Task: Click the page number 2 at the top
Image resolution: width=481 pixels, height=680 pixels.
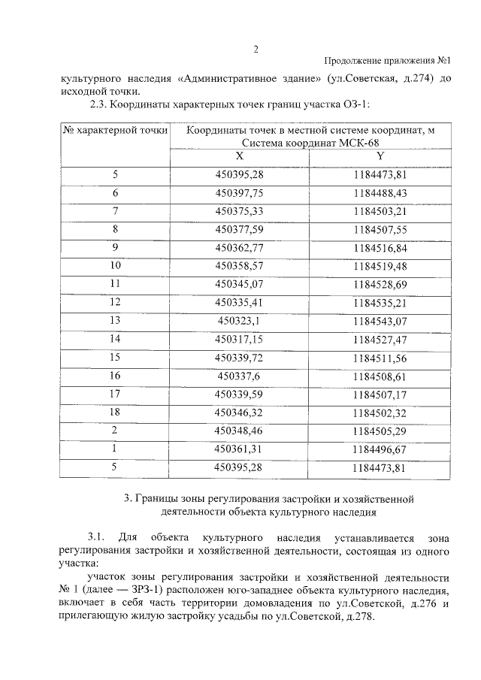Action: click(255, 50)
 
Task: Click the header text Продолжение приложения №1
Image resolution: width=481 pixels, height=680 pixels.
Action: click(386, 61)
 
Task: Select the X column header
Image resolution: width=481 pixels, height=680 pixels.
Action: click(239, 156)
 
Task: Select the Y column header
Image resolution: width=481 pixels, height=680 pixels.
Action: click(380, 156)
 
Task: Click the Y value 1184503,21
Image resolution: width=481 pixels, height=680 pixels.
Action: click(380, 210)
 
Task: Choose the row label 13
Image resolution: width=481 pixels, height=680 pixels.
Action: click(115, 320)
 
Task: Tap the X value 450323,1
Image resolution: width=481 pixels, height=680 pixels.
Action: click(240, 320)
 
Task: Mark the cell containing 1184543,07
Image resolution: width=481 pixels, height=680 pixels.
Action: click(380, 320)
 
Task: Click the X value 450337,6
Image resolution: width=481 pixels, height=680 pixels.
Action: click(240, 375)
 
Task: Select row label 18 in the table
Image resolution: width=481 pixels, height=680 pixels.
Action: click(115, 412)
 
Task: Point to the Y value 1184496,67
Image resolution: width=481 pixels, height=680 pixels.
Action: click(380, 449)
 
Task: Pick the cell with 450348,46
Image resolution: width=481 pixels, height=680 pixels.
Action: click(240, 430)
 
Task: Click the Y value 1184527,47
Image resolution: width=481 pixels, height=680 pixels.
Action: click(380, 339)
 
